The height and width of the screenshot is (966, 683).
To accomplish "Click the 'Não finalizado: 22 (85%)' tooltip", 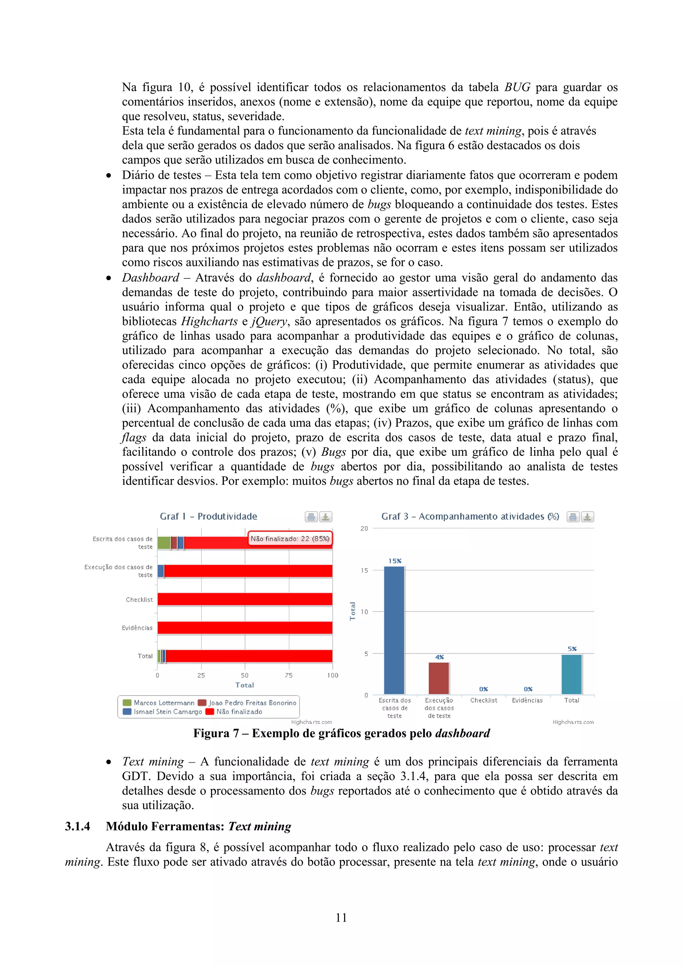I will tap(290, 539).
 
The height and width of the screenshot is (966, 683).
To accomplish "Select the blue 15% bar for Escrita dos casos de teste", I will tap(394, 630).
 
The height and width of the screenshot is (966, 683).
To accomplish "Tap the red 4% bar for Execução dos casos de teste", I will tap(439, 678).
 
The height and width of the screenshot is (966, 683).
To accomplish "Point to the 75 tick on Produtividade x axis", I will tap(289, 675).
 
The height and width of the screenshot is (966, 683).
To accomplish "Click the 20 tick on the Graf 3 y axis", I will tap(364, 529).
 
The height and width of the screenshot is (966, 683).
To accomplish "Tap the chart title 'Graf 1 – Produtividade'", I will tap(208, 516).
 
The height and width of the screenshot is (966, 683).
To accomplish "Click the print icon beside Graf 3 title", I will tap(573, 517).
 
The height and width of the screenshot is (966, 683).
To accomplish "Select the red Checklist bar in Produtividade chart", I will tap(245, 599).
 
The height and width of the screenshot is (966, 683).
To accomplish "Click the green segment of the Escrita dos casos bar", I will tap(164, 543).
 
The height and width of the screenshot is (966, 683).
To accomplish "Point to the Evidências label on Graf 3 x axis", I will tap(527, 701).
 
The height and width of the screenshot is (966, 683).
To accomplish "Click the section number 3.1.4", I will tap(77, 826).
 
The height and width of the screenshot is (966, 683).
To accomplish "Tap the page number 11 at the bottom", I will tap(341, 918).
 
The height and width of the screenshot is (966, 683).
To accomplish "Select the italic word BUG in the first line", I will tap(517, 87).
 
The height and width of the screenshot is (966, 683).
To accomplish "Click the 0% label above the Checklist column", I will tap(483, 689).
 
